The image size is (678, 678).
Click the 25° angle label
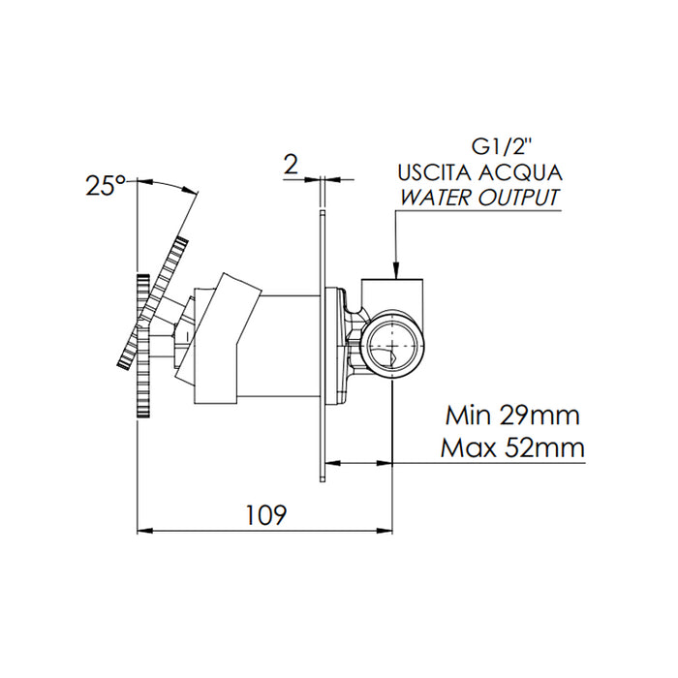click(x=106, y=186)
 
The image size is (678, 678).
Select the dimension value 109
click(x=266, y=514)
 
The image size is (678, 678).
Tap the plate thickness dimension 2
click(x=291, y=165)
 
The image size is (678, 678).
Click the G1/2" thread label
click(x=501, y=148)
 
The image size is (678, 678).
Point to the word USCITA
click(x=435, y=173)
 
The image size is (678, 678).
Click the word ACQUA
click(x=521, y=173)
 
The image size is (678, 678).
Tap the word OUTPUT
click(x=518, y=198)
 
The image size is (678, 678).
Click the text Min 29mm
click(x=512, y=416)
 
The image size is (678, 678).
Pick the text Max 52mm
click(x=512, y=447)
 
